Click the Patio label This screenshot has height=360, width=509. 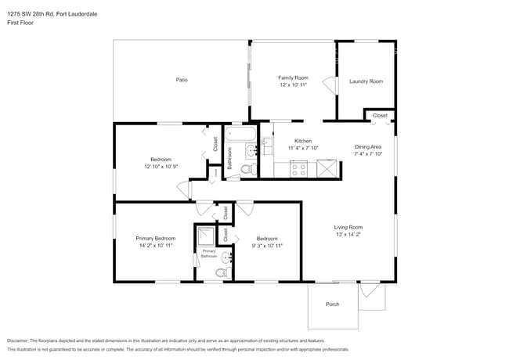point(182,80)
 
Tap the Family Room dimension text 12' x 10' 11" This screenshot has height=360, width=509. point(293,85)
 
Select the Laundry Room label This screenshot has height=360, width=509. point(366,81)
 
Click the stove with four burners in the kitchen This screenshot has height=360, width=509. point(298,167)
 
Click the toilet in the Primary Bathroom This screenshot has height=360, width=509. point(220,273)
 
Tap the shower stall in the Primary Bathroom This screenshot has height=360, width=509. point(206,236)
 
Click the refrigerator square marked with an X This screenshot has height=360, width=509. point(327,167)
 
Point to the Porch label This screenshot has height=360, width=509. point(332,304)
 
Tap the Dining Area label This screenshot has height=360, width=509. point(367,147)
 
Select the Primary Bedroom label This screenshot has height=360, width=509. point(155,238)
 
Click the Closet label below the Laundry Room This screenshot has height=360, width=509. point(379,115)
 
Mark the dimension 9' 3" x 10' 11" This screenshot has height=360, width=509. point(267,246)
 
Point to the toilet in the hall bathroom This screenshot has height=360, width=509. point(246,169)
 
